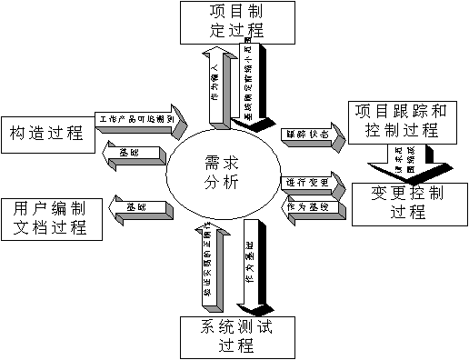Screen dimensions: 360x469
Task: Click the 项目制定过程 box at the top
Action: [x=231, y=21]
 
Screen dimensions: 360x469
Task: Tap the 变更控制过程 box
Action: [x=410, y=203]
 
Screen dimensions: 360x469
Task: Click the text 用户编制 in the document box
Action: [x=51, y=207]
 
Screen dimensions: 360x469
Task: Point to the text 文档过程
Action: [x=51, y=226]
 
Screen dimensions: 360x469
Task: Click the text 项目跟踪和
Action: [x=402, y=111]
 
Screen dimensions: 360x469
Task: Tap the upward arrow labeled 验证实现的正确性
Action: [x=207, y=267]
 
